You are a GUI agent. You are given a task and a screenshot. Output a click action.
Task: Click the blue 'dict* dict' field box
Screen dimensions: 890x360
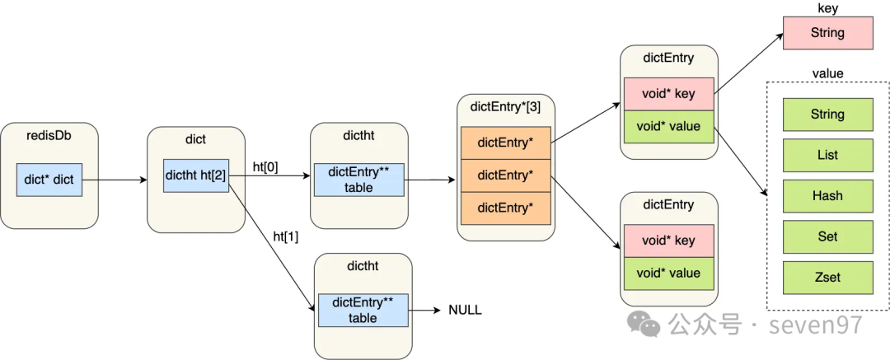click(49, 180)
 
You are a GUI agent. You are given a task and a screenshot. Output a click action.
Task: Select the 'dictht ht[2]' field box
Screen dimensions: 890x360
click(196, 175)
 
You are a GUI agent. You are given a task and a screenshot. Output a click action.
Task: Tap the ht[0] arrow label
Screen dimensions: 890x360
click(265, 169)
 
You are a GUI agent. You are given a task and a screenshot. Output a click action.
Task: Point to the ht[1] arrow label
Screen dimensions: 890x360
click(285, 236)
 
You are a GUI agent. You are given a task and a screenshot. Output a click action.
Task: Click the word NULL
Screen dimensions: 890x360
click(465, 310)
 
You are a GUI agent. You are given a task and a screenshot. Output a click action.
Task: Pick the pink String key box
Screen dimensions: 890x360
click(827, 33)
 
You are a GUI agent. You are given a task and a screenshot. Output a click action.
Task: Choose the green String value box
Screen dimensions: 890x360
click(827, 115)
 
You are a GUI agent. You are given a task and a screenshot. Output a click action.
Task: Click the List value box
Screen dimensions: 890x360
click(827, 156)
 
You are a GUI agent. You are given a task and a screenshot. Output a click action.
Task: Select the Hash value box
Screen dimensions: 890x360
click(827, 196)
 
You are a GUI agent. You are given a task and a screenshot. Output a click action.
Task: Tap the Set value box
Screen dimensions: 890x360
click(827, 237)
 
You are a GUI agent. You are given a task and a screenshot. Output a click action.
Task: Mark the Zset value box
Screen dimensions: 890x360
click(827, 278)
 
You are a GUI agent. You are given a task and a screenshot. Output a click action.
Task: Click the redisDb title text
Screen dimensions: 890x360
click(49, 136)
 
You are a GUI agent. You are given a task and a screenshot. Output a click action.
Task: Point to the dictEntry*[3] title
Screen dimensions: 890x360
click(506, 107)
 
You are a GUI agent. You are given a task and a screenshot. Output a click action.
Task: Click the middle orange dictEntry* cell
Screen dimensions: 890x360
click(506, 175)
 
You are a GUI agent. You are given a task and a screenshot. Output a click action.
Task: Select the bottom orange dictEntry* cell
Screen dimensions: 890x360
click(506, 208)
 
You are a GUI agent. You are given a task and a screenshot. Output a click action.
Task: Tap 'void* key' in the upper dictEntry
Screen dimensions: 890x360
click(668, 94)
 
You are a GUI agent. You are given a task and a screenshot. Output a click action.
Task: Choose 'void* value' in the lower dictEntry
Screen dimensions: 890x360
click(668, 274)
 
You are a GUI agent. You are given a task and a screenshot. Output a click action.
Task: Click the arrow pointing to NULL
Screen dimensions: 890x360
click(424, 310)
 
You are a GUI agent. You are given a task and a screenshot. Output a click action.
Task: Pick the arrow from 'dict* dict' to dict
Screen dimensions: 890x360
click(114, 180)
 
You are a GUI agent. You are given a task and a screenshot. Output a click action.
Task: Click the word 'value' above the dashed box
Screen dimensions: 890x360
click(827, 74)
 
